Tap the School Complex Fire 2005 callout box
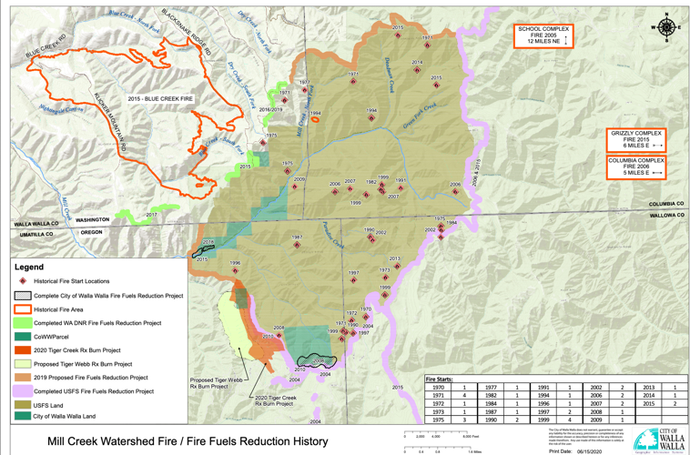pyautogui.click(x=542, y=35)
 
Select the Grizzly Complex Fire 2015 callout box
pyautogui.click(x=636, y=139)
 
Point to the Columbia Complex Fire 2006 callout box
pyautogui.click(x=636, y=167)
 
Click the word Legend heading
pyautogui.click(x=28, y=268)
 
